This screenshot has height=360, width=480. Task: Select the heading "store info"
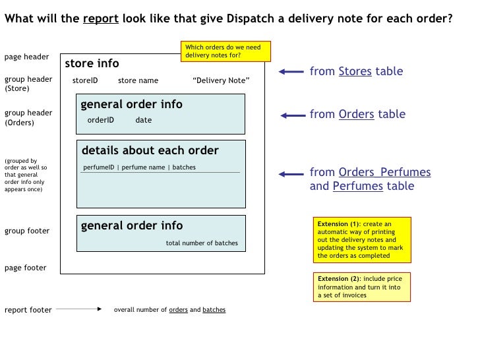click(x=92, y=64)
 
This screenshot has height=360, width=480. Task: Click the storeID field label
click(x=85, y=81)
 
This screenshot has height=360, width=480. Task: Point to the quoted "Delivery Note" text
click(x=221, y=81)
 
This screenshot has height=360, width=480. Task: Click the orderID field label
click(x=101, y=120)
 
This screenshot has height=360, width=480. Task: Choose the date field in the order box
click(x=144, y=120)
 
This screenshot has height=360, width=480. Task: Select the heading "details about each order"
click(x=150, y=150)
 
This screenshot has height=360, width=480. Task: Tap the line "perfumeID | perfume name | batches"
click(x=140, y=167)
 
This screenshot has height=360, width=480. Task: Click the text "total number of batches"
click(x=202, y=243)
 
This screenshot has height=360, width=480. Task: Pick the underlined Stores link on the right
click(x=355, y=71)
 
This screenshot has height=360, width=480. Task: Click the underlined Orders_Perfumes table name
click(x=384, y=173)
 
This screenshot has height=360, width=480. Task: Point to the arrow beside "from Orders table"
click(x=292, y=115)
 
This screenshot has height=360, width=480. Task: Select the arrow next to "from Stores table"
click(x=292, y=72)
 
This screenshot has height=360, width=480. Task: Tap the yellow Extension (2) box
click(x=361, y=287)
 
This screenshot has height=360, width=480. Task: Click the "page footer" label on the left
click(x=26, y=268)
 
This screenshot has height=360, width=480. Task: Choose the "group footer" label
click(x=27, y=231)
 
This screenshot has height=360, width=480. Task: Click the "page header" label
click(x=26, y=57)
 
